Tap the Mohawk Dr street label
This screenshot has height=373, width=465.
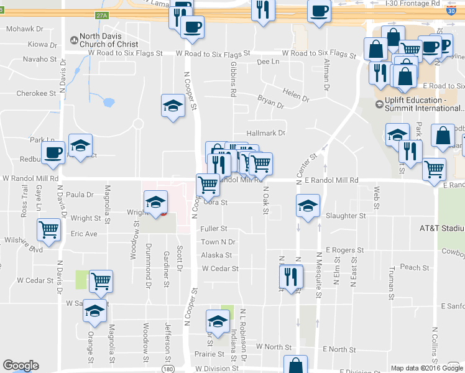[25, 29]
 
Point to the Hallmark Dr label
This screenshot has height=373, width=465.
[265, 133]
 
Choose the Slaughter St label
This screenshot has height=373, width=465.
[346, 216]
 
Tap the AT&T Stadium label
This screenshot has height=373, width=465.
[441, 228]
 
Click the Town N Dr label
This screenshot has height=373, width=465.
[218, 242]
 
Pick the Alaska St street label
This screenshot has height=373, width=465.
[216, 255]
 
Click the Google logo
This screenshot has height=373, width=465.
[21, 366]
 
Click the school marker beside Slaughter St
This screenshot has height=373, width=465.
[307, 207]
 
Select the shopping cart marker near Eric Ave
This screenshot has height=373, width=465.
[48, 229]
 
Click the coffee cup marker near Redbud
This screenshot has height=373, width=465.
[53, 152]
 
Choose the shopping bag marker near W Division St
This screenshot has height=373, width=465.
[295, 364]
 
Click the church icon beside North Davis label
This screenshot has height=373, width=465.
[74, 40]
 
